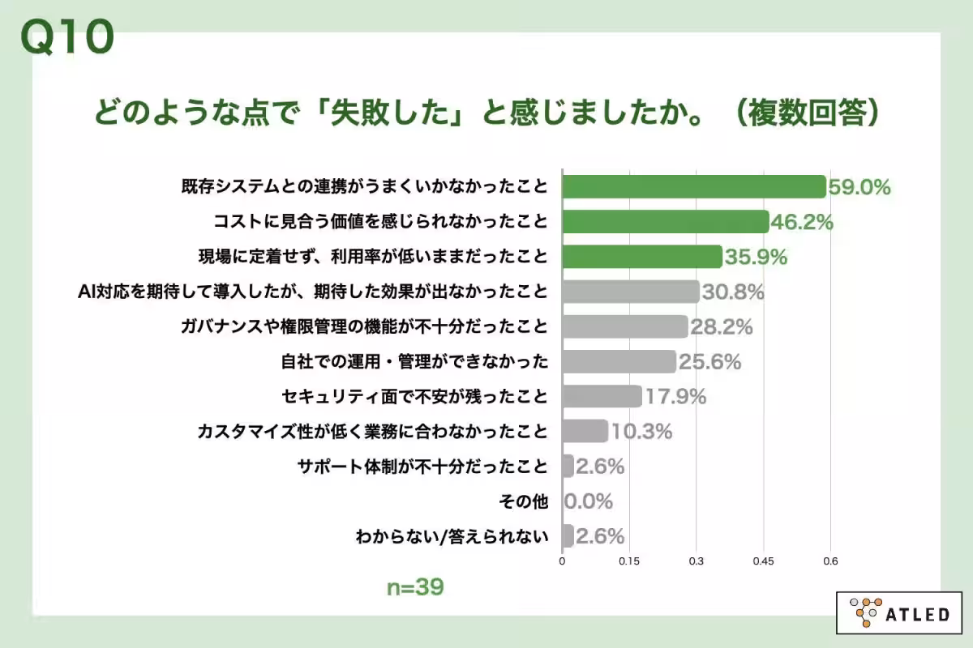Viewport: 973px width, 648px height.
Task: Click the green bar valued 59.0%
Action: click(693, 187)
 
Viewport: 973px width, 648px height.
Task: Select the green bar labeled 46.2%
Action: click(665, 222)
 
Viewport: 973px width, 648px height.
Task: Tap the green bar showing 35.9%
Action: click(641, 257)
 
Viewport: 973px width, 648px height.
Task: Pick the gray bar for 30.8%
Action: click(630, 292)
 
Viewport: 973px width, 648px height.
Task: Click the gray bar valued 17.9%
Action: click(602, 396)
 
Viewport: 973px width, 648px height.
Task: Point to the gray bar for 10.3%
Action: click(585, 431)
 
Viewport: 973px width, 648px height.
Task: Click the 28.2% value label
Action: click(722, 327)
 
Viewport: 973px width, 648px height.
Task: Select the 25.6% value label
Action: click(709, 362)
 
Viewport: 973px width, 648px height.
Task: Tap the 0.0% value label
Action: click(589, 501)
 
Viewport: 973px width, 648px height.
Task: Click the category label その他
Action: click(530, 501)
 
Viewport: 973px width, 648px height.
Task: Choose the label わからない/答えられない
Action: click(452, 536)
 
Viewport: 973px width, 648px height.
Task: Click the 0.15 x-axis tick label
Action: click(629, 561)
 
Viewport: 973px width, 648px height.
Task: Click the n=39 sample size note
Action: click(414, 587)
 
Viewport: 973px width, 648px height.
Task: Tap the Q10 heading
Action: click(66, 36)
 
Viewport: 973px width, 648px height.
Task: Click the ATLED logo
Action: click(898, 613)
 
